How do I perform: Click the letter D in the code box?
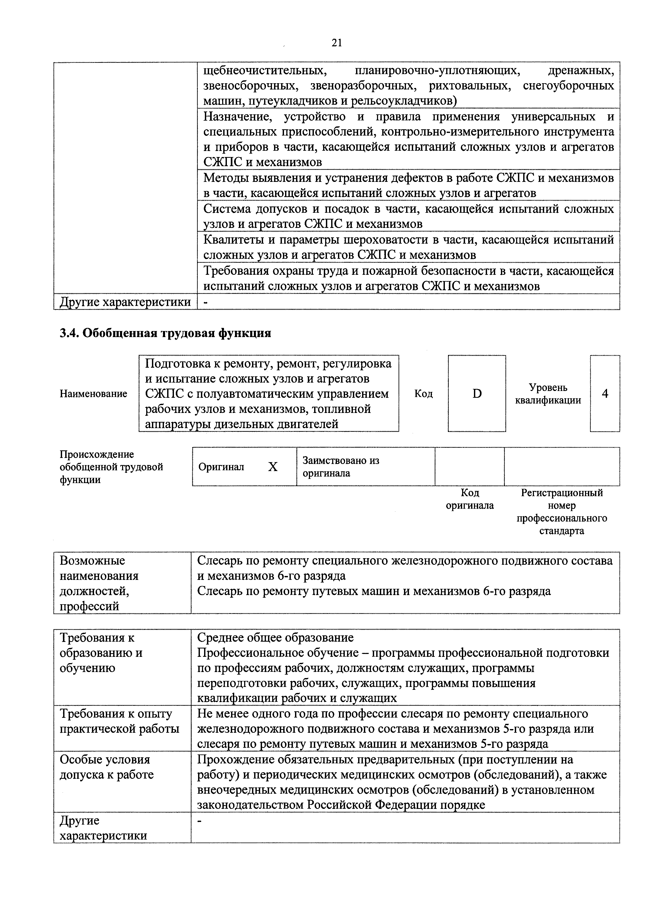tap(477, 394)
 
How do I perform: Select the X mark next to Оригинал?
tap(272, 467)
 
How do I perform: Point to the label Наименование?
tap(93, 394)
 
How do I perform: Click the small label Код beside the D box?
tap(423, 394)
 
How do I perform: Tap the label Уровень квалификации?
tap(548, 394)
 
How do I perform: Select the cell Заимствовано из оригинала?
tap(340, 467)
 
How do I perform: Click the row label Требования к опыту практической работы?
tap(119, 721)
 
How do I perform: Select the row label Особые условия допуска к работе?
tap(106, 767)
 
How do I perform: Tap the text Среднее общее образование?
tap(275, 637)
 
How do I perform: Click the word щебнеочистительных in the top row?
tap(264, 71)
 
